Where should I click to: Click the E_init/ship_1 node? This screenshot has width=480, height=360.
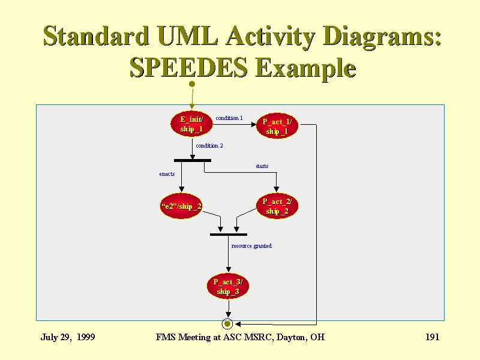[x=191, y=124]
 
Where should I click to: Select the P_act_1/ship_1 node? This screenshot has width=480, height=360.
[x=277, y=126]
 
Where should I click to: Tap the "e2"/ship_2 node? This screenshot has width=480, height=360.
[x=181, y=206]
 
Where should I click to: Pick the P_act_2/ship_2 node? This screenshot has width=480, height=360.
[x=277, y=206]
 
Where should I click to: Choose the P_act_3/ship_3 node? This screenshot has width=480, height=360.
[x=228, y=286]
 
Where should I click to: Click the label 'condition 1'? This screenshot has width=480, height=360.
[x=229, y=118]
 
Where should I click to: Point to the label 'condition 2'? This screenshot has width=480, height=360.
[x=209, y=146]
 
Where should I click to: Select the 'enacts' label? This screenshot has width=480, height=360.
[x=167, y=174]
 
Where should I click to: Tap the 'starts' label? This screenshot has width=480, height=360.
[x=262, y=166]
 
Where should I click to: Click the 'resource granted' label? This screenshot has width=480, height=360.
[x=251, y=246]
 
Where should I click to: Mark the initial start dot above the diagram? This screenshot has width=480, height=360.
[x=192, y=84]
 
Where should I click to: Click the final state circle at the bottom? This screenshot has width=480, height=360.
[x=227, y=323]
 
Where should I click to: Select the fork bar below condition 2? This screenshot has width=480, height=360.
[x=193, y=160]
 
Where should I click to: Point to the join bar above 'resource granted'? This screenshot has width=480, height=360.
[x=229, y=235]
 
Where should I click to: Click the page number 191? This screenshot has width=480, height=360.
[x=432, y=337]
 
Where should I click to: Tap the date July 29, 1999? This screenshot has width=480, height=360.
[x=68, y=337]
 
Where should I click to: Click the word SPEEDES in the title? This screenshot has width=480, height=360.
[x=188, y=67]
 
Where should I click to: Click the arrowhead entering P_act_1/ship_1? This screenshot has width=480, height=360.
[x=253, y=124]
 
